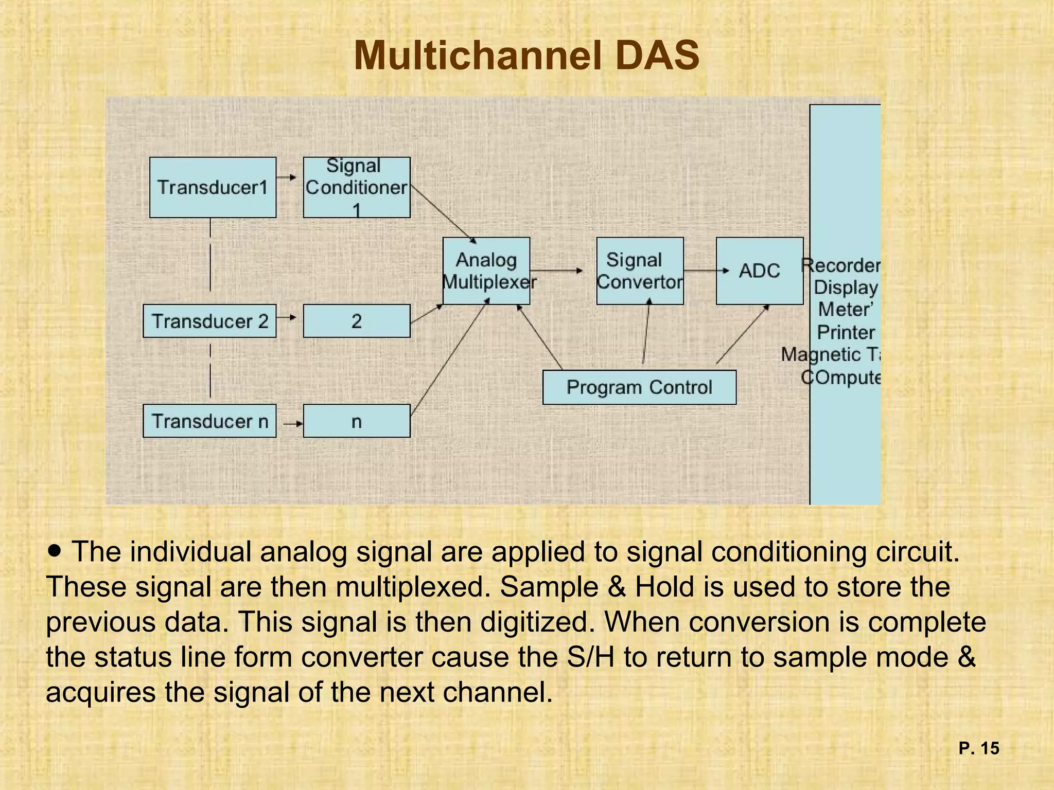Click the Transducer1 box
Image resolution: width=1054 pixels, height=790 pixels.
point(213,187)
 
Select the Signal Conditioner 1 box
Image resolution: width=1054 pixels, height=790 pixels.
point(356,187)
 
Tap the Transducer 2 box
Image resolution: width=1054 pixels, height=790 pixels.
point(209,321)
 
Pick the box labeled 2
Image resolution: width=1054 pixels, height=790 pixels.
point(356,321)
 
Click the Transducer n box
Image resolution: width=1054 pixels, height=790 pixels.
point(209,421)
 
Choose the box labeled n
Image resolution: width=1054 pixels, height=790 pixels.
point(356,421)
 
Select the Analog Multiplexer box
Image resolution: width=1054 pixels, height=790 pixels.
point(486,271)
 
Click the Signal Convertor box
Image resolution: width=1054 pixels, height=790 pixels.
point(640,271)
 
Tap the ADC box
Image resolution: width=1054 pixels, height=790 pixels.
point(759,271)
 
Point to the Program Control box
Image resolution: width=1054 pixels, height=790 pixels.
point(639,387)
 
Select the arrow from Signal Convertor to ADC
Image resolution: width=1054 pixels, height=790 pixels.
point(706,271)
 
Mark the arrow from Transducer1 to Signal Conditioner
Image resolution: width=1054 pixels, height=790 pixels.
point(287,177)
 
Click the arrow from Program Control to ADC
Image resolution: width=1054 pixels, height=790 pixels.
point(742,335)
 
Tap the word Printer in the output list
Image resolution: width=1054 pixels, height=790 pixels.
point(846,332)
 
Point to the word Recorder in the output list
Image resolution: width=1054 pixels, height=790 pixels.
point(841,265)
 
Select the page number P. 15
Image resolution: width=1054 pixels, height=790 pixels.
point(978,748)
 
